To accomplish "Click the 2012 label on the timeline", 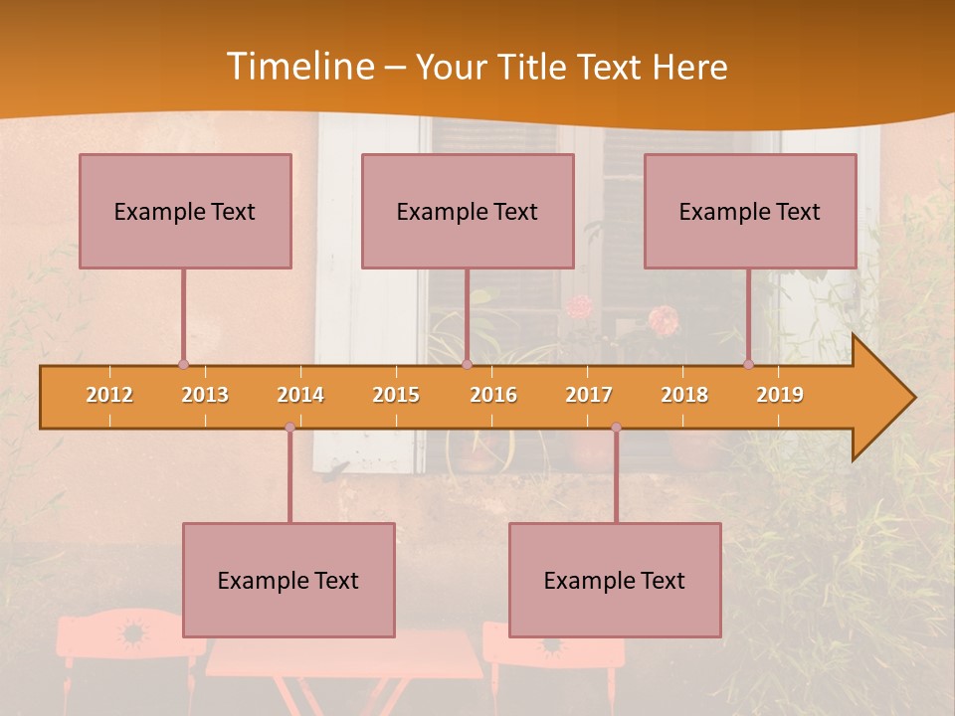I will pyautogui.click(x=109, y=395).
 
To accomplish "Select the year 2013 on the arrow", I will pyautogui.click(x=205, y=395).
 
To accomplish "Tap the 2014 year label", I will pyautogui.click(x=300, y=395).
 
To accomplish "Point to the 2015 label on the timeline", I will pyautogui.click(x=396, y=395).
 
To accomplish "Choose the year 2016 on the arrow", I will pyautogui.click(x=493, y=395).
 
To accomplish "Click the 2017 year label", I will pyautogui.click(x=589, y=395).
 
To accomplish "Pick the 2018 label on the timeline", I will pyautogui.click(x=684, y=395).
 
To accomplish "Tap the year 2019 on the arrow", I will pyautogui.click(x=780, y=395).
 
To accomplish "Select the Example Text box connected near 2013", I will pyautogui.click(x=185, y=211).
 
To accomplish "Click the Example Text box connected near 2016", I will pyautogui.click(x=468, y=211).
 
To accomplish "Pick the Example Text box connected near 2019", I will pyautogui.click(x=750, y=211).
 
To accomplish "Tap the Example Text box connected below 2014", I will pyautogui.click(x=288, y=580).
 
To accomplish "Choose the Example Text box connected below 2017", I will pyautogui.click(x=615, y=580).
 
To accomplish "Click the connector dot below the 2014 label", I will pyautogui.click(x=289, y=428).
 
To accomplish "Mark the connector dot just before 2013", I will pyautogui.click(x=183, y=365).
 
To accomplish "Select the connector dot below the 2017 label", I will pyautogui.click(x=616, y=428).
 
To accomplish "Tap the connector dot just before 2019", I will pyautogui.click(x=748, y=365).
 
